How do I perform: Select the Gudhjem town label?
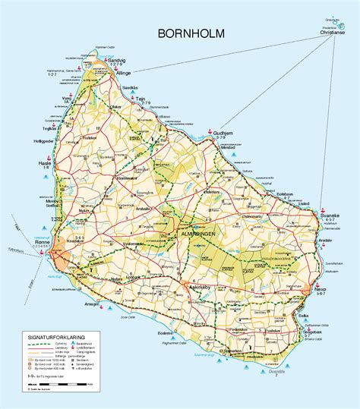pyautogui.click(x=226, y=131)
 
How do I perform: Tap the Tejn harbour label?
pyautogui.click(x=162, y=98)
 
